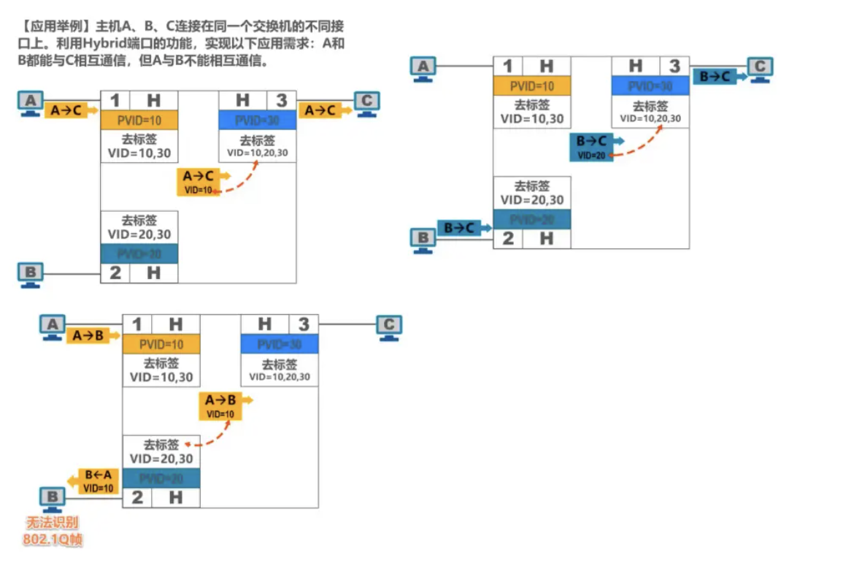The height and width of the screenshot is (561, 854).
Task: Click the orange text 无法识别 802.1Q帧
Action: (52, 532)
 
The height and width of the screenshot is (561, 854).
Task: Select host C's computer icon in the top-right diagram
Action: (760, 69)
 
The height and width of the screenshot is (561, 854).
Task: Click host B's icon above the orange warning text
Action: (52, 499)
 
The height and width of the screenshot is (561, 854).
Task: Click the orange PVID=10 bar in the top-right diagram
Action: (531, 86)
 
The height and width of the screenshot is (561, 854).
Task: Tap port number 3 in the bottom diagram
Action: (304, 324)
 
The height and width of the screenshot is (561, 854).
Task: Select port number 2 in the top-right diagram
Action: (508, 238)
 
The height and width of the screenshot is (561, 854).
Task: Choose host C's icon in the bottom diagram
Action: (389, 327)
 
